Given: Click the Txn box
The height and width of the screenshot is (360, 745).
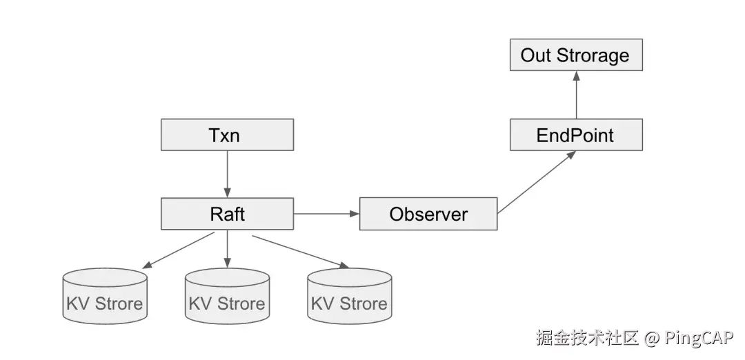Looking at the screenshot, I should (227, 134).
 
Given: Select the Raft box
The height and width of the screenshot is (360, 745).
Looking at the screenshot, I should (227, 214).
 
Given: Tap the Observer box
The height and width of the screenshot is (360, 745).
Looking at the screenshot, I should (428, 214).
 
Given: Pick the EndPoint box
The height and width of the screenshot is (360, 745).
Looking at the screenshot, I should (575, 134).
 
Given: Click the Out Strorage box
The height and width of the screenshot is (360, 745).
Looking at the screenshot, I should (575, 55).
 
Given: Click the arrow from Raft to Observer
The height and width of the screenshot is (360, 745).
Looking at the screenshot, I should (326, 214).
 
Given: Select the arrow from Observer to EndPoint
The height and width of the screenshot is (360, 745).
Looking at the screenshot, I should (537, 182).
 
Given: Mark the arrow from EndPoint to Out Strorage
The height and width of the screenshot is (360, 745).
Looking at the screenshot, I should (576, 94).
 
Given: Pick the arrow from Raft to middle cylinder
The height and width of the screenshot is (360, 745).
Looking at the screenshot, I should (227, 249).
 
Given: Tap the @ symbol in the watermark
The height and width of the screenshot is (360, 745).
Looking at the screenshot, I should (653, 337).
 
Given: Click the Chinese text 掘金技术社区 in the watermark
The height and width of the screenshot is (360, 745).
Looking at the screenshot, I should (588, 337).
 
